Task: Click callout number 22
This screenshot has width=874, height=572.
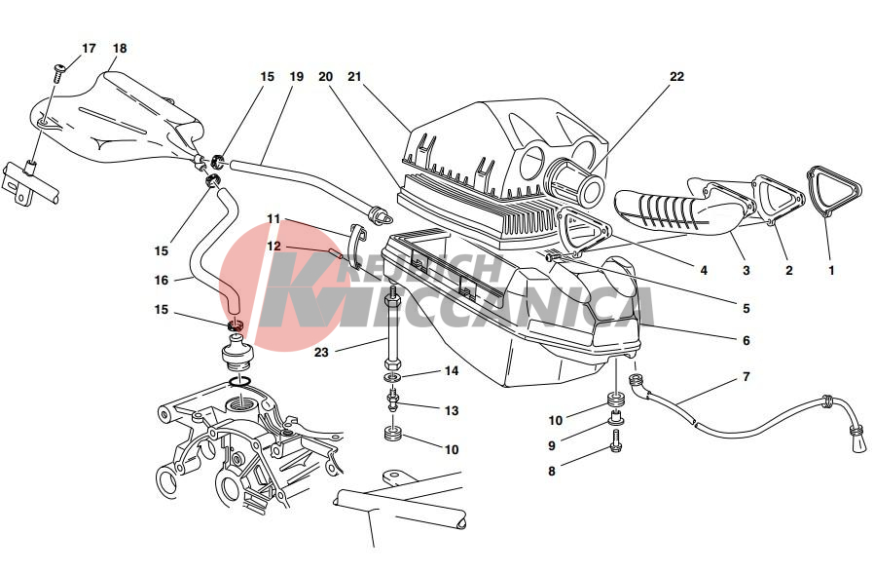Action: point(676,76)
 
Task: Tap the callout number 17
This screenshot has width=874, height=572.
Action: point(89,49)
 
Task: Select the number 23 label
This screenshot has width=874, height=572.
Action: point(321,353)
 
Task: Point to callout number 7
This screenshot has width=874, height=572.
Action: point(747,377)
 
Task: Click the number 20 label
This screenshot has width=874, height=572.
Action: point(325,76)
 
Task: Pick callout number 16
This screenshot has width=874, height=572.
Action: point(162,280)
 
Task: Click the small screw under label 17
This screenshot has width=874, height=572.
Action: point(58,72)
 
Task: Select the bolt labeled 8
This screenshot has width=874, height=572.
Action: point(616,440)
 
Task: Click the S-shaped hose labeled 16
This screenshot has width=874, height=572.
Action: point(214,251)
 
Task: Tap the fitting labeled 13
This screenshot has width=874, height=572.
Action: point(394,401)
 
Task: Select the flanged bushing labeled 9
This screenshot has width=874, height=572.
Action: point(616,416)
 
